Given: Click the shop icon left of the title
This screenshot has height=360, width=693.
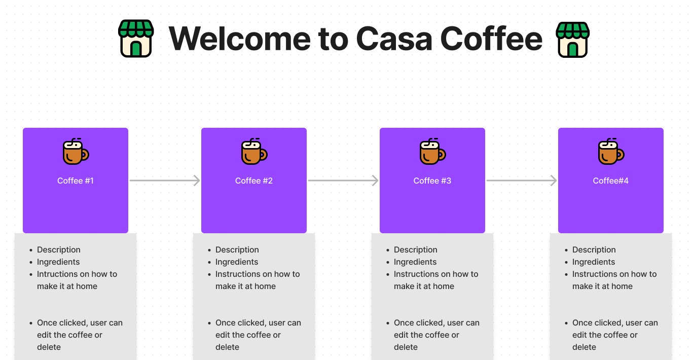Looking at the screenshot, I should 135,39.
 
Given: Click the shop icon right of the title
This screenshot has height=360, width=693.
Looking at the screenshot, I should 572,39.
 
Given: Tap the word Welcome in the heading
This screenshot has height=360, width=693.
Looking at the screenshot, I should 239,39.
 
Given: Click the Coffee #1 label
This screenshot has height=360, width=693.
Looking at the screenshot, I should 76,181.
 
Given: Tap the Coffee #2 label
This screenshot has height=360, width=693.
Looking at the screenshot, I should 254,181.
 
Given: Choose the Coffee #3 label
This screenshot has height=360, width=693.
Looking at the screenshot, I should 432,181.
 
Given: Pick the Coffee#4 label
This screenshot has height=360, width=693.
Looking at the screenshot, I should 611,181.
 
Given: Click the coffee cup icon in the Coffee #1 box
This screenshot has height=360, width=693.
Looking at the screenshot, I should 76,152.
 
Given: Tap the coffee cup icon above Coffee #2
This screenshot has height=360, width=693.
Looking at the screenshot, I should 254,152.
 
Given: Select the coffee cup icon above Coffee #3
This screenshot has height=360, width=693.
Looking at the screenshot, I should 432,152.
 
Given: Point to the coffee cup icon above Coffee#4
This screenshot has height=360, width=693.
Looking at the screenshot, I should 611,152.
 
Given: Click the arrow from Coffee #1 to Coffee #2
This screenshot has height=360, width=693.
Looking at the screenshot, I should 164,181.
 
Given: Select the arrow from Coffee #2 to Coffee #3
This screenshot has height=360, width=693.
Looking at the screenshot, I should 343,181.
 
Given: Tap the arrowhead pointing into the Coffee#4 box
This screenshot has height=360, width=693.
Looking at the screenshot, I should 553,181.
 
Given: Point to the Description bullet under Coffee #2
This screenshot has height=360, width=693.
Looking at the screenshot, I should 237,250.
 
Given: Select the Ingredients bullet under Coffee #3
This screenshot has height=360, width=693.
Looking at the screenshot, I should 415,262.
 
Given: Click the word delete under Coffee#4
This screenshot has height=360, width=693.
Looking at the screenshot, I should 584,347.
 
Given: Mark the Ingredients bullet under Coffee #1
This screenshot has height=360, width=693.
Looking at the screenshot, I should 58,262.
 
